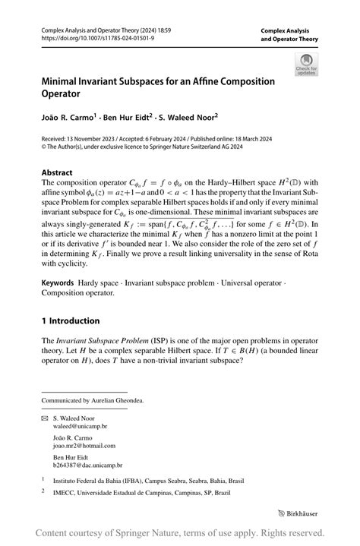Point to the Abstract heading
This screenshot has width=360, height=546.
tap(57, 173)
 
